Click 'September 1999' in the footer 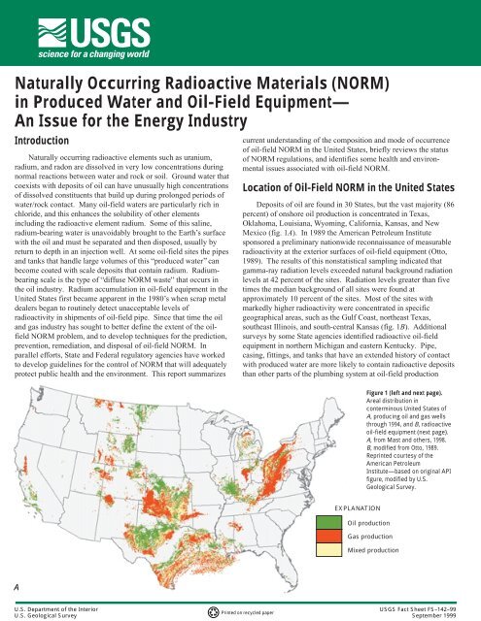[x=448, y=614]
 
